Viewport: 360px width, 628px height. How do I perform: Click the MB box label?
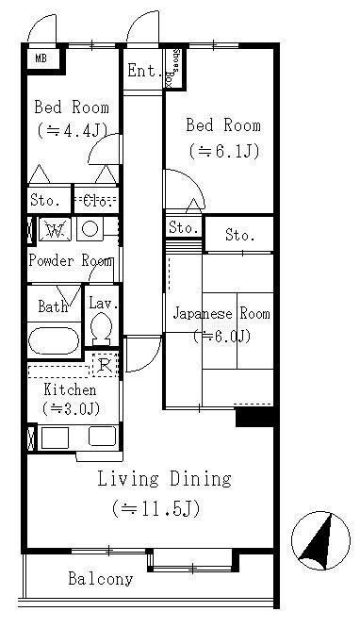point(41,59)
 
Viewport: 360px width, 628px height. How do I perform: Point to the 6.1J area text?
point(223,150)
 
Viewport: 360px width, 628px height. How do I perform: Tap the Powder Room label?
point(71,261)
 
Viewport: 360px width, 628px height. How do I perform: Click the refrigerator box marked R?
point(106,366)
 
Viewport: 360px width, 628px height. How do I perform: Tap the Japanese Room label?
point(221,314)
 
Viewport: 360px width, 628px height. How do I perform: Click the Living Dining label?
point(164,479)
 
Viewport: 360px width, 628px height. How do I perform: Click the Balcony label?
point(100,579)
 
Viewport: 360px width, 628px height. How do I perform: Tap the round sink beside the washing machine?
point(90,228)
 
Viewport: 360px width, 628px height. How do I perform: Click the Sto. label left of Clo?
point(46,200)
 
